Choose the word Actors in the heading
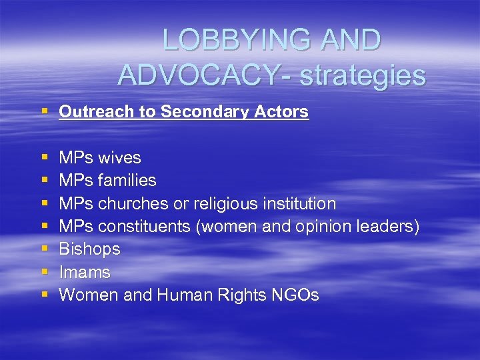pos(282,112)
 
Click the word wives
pos(120,158)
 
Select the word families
pos(127,181)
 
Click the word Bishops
pos(89,249)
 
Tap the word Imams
pos(85,272)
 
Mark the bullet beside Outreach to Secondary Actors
pos(45,112)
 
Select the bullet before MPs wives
pos(45,158)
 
